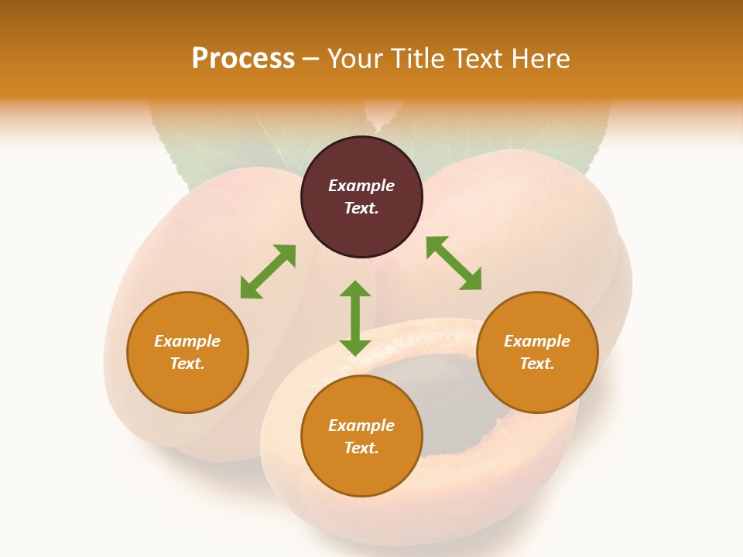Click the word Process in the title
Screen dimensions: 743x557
pyautogui.click(x=243, y=58)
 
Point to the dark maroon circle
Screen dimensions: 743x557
pyautogui.click(x=361, y=197)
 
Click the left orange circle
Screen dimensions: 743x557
pyautogui.click(x=187, y=353)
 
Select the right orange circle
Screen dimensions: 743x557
pyautogui.click(x=537, y=353)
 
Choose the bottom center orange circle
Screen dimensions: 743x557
pyautogui.click(x=361, y=436)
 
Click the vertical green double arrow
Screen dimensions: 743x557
pyautogui.click(x=355, y=318)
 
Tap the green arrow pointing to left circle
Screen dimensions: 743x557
pyautogui.click(x=269, y=272)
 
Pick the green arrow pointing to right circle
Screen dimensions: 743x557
pyautogui.click(x=454, y=263)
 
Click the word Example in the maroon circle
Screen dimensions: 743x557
pyautogui.click(x=361, y=186)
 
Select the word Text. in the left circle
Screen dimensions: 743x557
pyautogui.click(x=187, y=364)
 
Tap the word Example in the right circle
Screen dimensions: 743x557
pyautogui.click(x=537, y=341)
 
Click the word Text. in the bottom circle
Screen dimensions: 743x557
pyautogui.click(x=361, y=448)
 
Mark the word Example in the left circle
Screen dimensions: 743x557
pyautogui.click(x=187, y=341)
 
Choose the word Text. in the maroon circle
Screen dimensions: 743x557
pyautogui.click(x=361, y=208)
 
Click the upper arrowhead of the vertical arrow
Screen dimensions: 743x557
pyautogui.click(x=355, y=289)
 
